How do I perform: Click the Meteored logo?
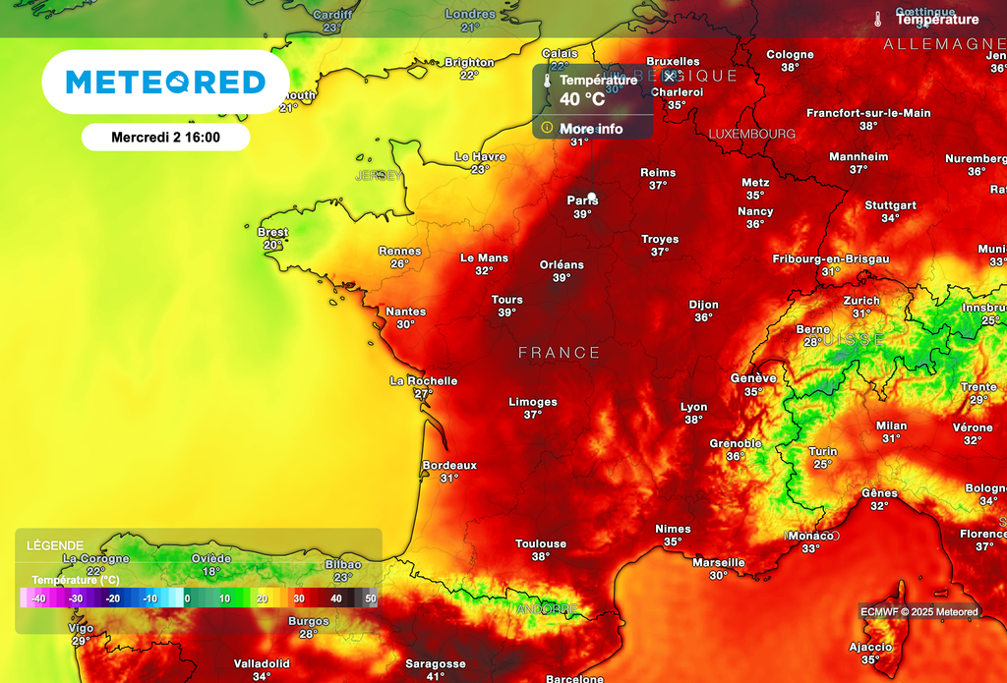pos(165,83)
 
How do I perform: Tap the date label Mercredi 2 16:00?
pos(165,138)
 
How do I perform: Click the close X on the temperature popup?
pos(671,77)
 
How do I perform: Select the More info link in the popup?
pos(591,129)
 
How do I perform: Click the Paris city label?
pos(582,200)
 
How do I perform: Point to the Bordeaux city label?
pos(449,465)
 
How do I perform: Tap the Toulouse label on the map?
pos(541,543)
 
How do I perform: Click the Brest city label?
pos(272,232)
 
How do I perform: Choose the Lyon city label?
pos(694,407)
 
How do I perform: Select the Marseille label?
pos(719,562)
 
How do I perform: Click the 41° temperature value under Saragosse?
pos(436,676)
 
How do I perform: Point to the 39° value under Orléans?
pos(562,278)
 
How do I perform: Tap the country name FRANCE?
pos(559,352)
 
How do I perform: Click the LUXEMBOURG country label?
pos(752,134)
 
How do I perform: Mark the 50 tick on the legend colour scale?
pos(370,598)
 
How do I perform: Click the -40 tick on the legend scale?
pos(38,598)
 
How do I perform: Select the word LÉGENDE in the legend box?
pos(55,545)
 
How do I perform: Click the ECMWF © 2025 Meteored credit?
pos(918,612)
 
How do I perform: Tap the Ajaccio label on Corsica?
pos(870,647)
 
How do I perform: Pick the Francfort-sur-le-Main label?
pos(868,113)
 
